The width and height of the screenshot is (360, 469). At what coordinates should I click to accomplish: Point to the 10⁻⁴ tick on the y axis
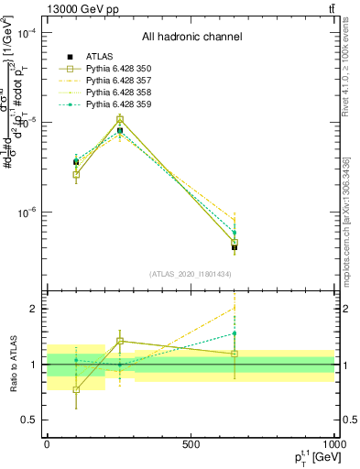coord(28,34)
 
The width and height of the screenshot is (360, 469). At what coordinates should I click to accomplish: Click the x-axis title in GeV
coord(309,459)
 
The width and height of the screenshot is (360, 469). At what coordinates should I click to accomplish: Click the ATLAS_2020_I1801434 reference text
coord(191,273)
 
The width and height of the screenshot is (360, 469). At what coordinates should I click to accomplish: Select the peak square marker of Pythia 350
coord(120,119)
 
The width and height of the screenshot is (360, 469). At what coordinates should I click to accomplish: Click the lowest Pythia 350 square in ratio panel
coord(76,389)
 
